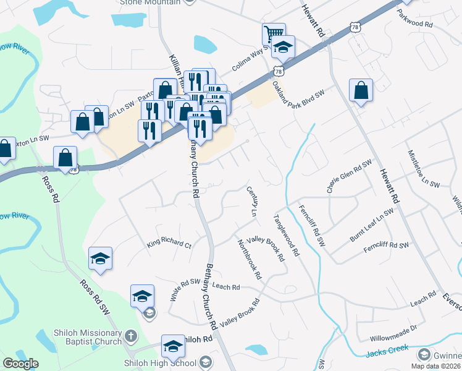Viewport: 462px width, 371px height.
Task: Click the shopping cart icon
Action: [273, 33]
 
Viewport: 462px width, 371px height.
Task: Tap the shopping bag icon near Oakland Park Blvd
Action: [361, 90]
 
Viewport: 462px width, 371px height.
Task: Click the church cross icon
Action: [130, 337]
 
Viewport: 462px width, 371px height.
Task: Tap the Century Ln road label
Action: [251, 202]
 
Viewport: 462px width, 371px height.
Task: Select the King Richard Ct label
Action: [169, 244]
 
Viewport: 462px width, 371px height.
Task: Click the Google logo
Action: [21, 364]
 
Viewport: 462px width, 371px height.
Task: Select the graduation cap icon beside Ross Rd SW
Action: [99, 260]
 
